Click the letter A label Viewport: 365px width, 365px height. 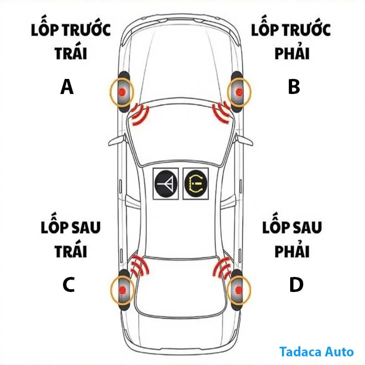pos(67,86)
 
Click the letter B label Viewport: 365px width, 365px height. pos(294,86)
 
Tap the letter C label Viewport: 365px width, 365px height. pos(68,284)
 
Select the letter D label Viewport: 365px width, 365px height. pos(296,284)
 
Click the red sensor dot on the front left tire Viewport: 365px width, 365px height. pos(122,92)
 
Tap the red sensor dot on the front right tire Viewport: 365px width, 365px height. pos(239,92)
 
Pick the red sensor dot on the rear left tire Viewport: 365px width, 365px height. pos(122,290)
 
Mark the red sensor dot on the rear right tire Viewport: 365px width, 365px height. pos(238,290)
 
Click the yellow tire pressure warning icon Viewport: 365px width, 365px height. pos(196,183)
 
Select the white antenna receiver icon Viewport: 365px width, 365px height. pos(166,184)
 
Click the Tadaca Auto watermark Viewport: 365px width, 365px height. pos(316,352)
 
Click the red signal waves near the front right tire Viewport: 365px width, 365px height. pos(222,112)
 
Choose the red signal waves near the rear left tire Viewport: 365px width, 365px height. pos(140,266)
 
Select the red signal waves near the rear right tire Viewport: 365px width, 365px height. pos(222,268)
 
